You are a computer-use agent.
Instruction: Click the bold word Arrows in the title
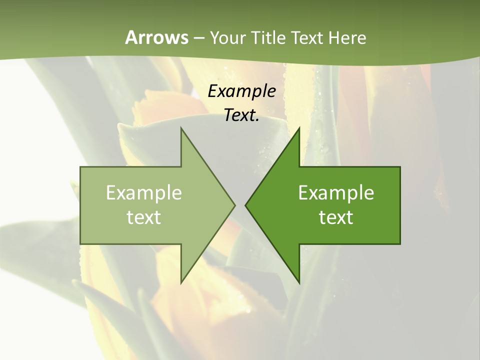[x=157, y=37]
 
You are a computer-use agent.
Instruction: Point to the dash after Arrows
[x=198, y=38]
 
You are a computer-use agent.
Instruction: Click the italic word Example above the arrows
[x=242, y=91]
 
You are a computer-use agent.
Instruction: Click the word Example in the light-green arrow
[x=144, y=193]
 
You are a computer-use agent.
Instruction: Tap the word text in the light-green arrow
[x=144, y=217]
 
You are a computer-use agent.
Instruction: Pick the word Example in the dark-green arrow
[x=336, y=193]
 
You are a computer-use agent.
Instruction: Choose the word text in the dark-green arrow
[x=336, y=217]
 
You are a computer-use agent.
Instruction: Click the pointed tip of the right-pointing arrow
[x=235, y=205]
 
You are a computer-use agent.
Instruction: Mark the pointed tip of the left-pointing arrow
[x=245, y=205]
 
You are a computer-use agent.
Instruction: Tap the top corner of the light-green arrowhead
[x=181, y=128]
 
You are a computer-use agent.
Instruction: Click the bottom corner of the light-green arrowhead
[x=181, y=283]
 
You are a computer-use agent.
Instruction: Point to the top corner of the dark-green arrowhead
[x=299, y=128]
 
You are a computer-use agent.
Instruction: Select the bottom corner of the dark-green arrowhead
[x=299, y=283]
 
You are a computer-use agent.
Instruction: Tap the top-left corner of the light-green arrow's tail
[x=80, y=167]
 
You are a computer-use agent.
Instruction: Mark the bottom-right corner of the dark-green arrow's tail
[x=400, y=244]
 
